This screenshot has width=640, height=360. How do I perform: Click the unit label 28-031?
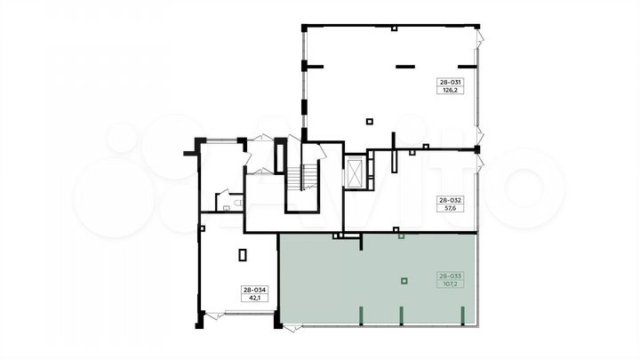pyautogui.click(x=450, y=82)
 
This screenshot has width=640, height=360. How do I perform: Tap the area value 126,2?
pyautogui.click(x=450, y=90)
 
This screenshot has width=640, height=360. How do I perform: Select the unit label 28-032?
pyautogui.click(x=450, y=200)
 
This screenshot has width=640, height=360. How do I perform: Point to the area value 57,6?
pyautogui.click(x=450, y=208)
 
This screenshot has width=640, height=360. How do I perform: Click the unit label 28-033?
pyautogui.click(x=450, y=276)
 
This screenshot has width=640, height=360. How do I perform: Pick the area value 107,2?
pyautogui.click(x=450, y=284)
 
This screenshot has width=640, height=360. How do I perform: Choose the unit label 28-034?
pyautogui.click(x=255, y=290)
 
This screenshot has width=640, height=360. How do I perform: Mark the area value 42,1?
pyautogui.click(x=255, y=298)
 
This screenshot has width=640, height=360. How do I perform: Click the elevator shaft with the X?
pyautogui.click(x=356, y=172)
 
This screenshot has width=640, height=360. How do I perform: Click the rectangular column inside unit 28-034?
pyautogui.click(x=243, y=255)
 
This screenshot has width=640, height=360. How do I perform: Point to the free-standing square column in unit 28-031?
pyautogui.click(x=370, y=121)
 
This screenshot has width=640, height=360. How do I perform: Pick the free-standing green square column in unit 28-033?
pyautogui.click(x=404, y=281)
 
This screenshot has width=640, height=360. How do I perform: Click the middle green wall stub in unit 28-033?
pyautogui.click(x=401, y=316)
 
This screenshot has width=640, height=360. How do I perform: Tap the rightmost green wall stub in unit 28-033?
pyautogui.click(x=462, y=316)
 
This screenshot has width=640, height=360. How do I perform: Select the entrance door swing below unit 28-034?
pyautogui.click(x=214, y=316)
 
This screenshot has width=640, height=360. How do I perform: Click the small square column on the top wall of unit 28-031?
pyautogui.click(x=394, y=28)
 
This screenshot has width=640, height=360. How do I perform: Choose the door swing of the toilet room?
pyautogui.click(x=223, y=193)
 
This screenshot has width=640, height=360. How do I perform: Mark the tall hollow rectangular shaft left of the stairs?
pyautogui.click(x=280, y=156)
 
